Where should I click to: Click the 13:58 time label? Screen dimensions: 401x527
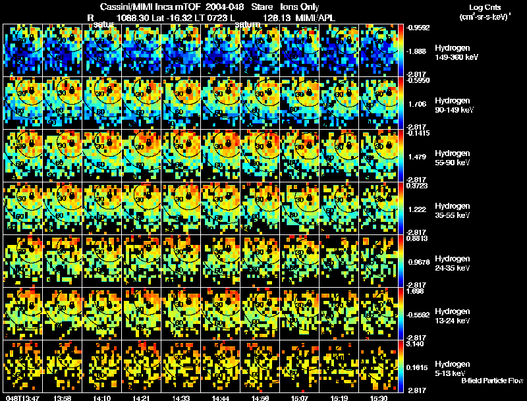point(62,397)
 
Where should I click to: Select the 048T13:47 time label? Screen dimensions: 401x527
point(22,397)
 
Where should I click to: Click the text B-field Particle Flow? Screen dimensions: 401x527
point(491,381)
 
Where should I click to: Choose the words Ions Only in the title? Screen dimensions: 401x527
point(299,7)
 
